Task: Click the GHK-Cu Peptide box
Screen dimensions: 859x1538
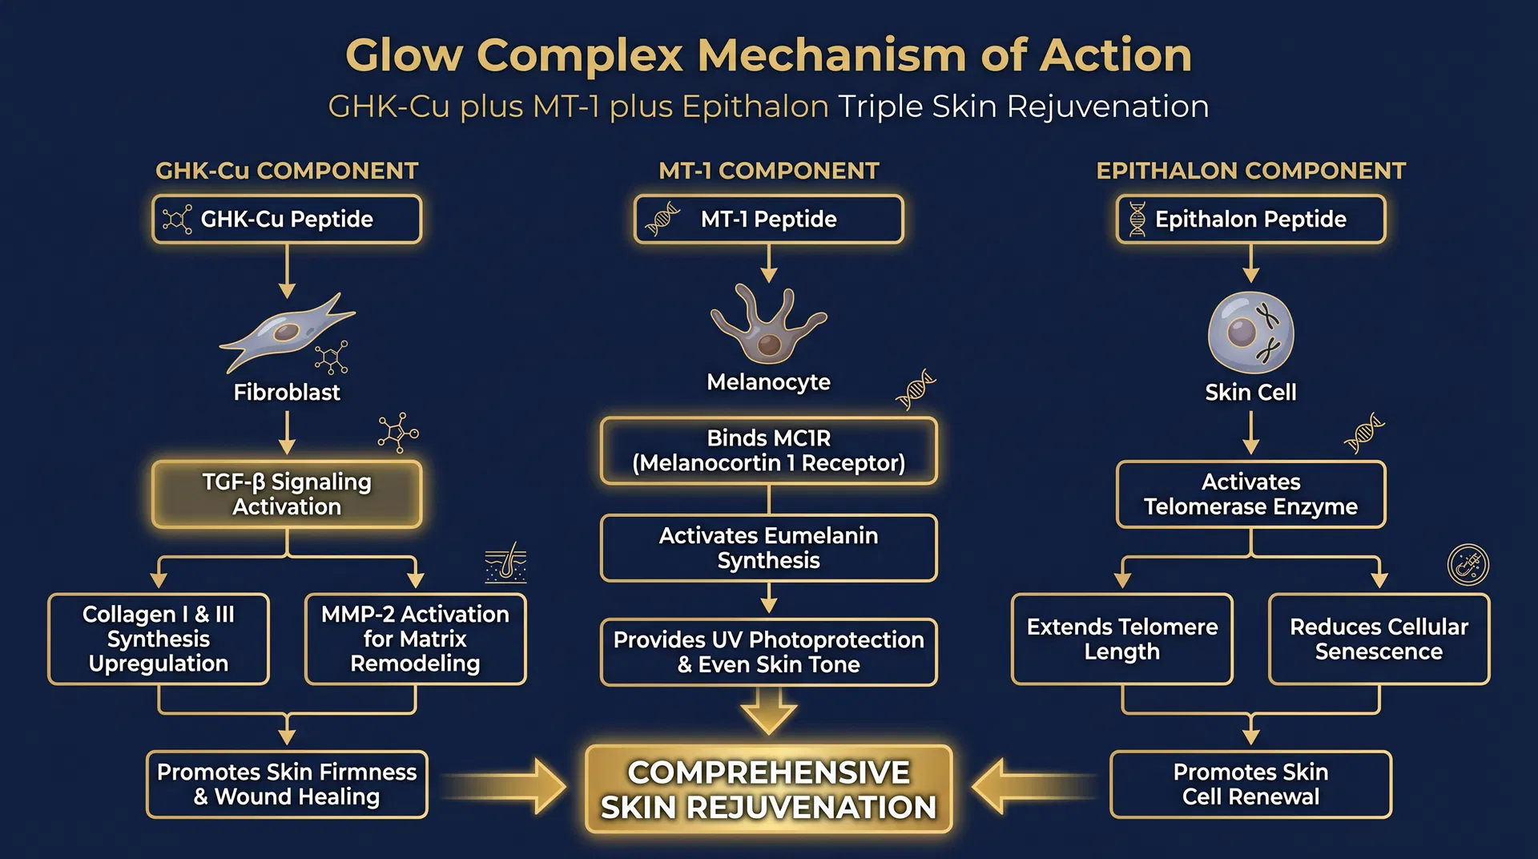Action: [x=287, y=219]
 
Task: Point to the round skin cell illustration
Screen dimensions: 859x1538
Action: [x=1250, y=332]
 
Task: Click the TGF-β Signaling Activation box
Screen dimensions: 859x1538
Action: [x=287, y=494]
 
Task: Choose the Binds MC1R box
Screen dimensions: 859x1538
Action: [x=768, y=450]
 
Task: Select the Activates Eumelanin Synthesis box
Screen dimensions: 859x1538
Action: [x=768, y=548]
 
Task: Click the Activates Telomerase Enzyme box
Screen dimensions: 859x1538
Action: [x=1250, y=494]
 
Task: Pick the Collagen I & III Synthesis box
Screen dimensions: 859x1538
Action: [x=159, y=639]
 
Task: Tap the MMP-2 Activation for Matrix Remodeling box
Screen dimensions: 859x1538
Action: [x=415, y=639]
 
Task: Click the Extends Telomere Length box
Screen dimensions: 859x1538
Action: [x=1121, y=639]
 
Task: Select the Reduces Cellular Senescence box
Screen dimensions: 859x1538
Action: [x=1379, y=639]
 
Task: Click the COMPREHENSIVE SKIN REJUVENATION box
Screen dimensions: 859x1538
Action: [x=768, y=789]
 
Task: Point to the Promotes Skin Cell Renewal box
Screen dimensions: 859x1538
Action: [x=1250, y=784]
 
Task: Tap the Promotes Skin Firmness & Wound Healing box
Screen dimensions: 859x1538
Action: [x=287, y=784]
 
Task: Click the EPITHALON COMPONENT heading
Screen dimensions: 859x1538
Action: [x=1250, y=171]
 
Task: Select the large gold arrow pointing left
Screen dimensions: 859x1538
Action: [x=1029, y=786]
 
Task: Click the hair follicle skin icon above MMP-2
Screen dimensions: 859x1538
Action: [x=505, y=563]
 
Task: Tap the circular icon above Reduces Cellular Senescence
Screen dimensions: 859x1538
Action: [x=1468, y=564]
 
